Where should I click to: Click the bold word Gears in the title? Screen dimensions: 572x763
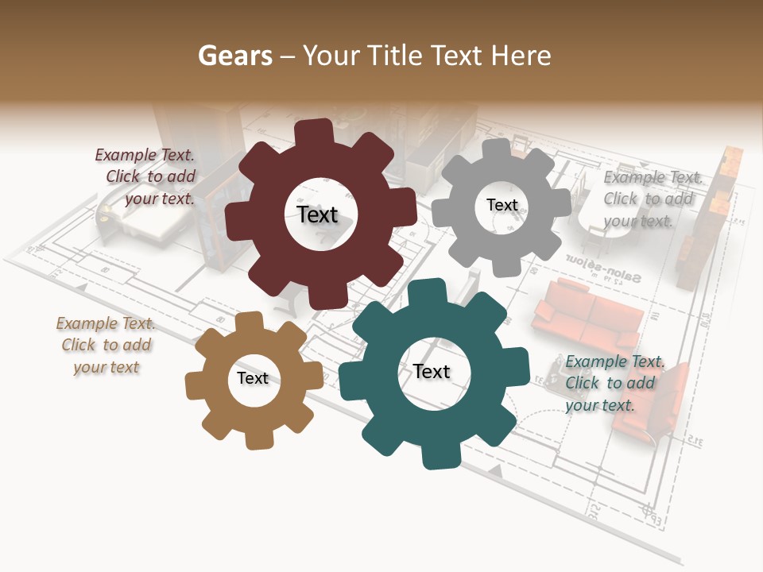[x=234, y=56]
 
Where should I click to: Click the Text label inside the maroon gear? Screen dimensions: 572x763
[x=317, y=214]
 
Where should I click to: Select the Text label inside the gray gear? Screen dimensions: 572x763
[x=502, y=205]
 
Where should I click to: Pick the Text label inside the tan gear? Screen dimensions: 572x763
[x=253, y=378]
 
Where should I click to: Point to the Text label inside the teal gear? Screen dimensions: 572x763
[x=432, y=371]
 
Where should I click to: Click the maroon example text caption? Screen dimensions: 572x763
[x=146, y=177]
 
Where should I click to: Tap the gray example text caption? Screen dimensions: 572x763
[x=652, y=199]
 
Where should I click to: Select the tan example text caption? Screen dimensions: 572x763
[x=106, y=346]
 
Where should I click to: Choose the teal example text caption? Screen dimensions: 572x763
[x=614, y=384]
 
